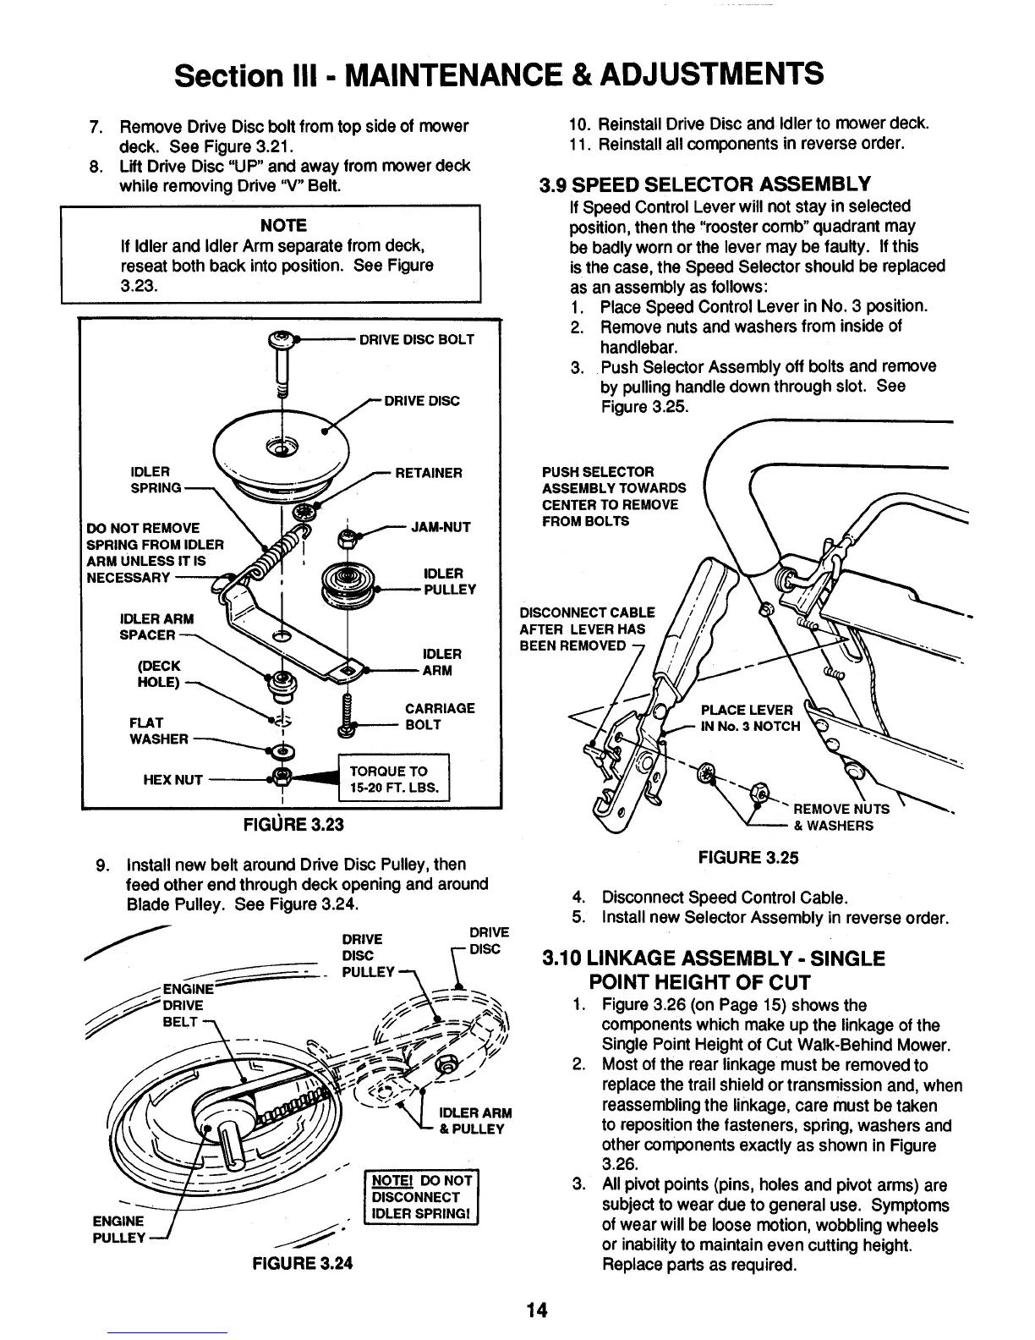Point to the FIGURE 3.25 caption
coord(747,857)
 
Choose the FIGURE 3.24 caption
coord(300,1264)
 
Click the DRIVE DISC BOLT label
coord(416,339)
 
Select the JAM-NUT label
coord(440,527)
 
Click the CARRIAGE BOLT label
coord(440,717)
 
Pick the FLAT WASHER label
coord(158,730)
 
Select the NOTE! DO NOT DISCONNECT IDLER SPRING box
coord(419,1197)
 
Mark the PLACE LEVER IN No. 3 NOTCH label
coord(747,717)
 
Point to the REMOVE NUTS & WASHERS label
coord(833,817)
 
